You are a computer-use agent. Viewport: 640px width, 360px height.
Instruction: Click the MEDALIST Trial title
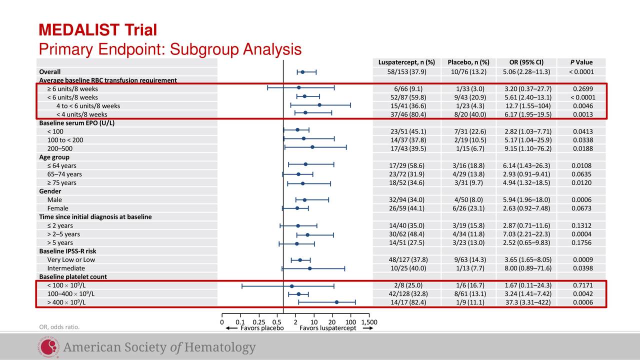point(98,30)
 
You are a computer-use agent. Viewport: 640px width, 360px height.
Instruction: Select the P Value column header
point(581,62)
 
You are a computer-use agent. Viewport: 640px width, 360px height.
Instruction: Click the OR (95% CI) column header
point(526,62)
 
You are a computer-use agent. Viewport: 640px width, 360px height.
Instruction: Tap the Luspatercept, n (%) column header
point(406,62)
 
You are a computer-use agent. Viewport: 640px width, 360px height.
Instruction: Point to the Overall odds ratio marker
point(302,72)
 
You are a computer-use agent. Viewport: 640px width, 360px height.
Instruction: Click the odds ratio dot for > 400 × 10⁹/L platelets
point(336,302)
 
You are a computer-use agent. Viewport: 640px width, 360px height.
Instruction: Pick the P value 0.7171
point(581,285)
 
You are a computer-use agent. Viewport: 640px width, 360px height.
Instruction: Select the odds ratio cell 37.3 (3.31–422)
point(526,302)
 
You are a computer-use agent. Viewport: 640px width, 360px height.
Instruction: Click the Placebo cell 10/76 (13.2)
point(468,72)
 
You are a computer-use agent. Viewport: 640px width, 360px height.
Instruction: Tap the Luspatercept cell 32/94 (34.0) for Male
point(406,200)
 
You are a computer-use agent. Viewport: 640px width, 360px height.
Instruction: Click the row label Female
point(58,208)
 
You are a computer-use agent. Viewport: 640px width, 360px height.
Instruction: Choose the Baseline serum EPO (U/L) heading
point(77,123)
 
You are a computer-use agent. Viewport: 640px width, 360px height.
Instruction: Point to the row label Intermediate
point(66,268)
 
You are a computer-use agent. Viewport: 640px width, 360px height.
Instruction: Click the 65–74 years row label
point(64,174)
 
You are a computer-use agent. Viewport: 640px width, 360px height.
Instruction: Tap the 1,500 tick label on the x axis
point(369,321)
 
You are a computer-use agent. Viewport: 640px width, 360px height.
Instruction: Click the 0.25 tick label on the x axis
point(258,321)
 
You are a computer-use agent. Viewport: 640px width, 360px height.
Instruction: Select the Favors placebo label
point(262,328)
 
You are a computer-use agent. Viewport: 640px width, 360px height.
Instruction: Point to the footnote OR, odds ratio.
point(59,327)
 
